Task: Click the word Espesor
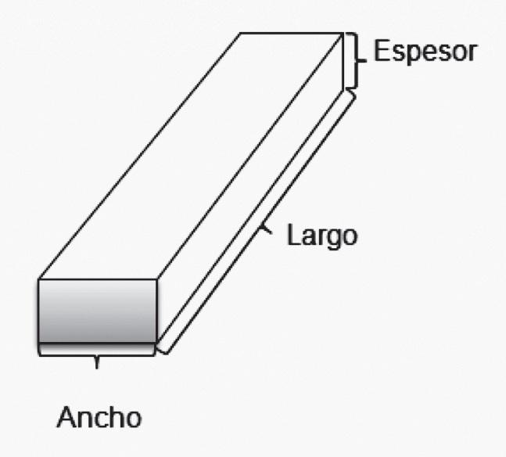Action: click(425, 52)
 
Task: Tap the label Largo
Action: click(321, 235)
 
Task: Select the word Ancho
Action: click(99, 417)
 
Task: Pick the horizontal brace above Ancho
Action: click(97, 354)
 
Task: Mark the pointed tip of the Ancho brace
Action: click(97, 364)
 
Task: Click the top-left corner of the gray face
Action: click(39, 279)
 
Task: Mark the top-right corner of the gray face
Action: click(157, 279)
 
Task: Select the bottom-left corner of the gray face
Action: click(39, 344)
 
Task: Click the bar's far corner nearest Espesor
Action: click(343, 33)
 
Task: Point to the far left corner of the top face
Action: click(240, 33)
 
